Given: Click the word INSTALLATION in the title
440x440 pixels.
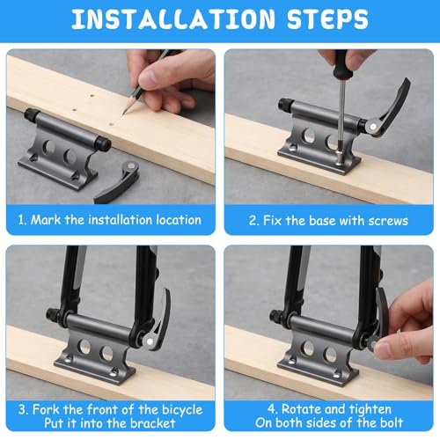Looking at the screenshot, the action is click(173, 19).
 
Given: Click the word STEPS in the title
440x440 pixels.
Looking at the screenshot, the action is click(327, 19).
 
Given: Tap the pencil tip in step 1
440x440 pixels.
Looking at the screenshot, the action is click(125, 113).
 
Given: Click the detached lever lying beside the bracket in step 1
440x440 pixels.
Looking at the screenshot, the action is click(117, 183).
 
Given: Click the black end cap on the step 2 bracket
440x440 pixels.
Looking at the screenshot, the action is click(285, 105).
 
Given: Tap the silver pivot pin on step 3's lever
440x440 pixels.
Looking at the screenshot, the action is click(150, 341).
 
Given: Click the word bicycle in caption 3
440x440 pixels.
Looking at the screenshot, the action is click(182, 410).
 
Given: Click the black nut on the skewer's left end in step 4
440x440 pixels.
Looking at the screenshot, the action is click(277, 316).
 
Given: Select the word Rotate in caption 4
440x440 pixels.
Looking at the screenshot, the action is click(299, 409).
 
